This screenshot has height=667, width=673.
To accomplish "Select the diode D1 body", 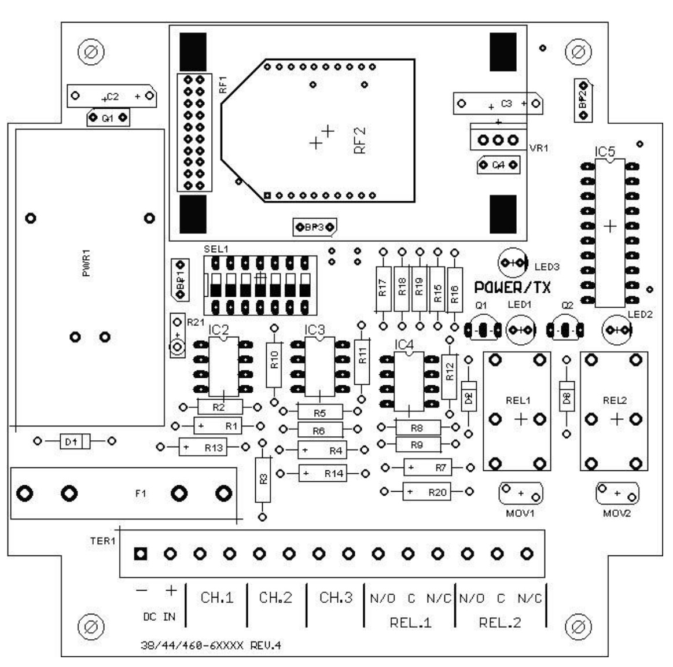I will point(76,441).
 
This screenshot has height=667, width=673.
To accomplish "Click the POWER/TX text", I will point(512,288).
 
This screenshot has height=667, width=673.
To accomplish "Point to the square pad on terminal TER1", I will point(140,554).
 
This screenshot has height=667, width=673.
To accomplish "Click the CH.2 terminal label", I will point(275,598).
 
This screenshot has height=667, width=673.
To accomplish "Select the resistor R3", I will point(263,478).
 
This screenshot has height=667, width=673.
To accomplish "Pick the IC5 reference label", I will point(605,152).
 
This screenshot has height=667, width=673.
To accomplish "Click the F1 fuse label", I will point(140,493).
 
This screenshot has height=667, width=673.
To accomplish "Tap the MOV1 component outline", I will point(521,493).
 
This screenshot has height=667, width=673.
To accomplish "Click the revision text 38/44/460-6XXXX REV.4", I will point(211,645).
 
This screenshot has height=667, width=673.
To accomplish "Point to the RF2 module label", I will point(359,141).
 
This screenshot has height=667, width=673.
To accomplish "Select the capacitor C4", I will point(498,165).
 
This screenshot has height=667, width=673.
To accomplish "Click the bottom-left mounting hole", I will point(90,626).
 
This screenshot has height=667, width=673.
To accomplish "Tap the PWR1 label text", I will point(87,263).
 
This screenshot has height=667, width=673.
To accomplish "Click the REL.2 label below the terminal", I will point(500,622).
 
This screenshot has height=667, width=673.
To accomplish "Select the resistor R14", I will point(322,473).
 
